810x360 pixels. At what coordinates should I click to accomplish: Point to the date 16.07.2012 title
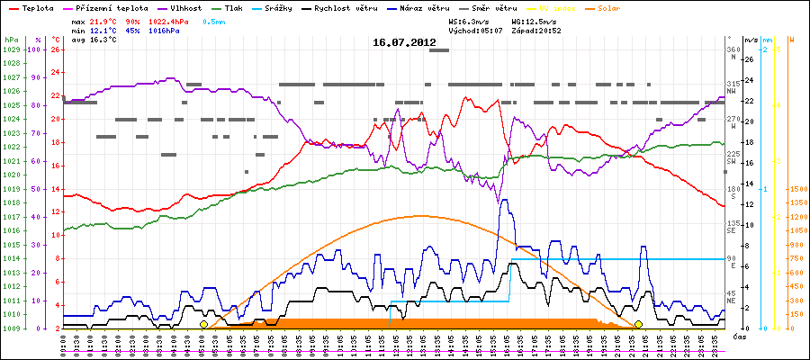404,42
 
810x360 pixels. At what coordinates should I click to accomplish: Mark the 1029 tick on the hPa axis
11,49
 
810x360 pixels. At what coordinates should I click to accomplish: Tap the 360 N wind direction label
733,53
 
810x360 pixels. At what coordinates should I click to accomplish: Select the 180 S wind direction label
733,193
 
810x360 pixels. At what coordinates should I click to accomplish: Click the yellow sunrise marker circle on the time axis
203,324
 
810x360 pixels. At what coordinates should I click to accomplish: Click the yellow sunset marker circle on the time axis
638,324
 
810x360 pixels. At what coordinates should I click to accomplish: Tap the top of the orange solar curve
418,215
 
